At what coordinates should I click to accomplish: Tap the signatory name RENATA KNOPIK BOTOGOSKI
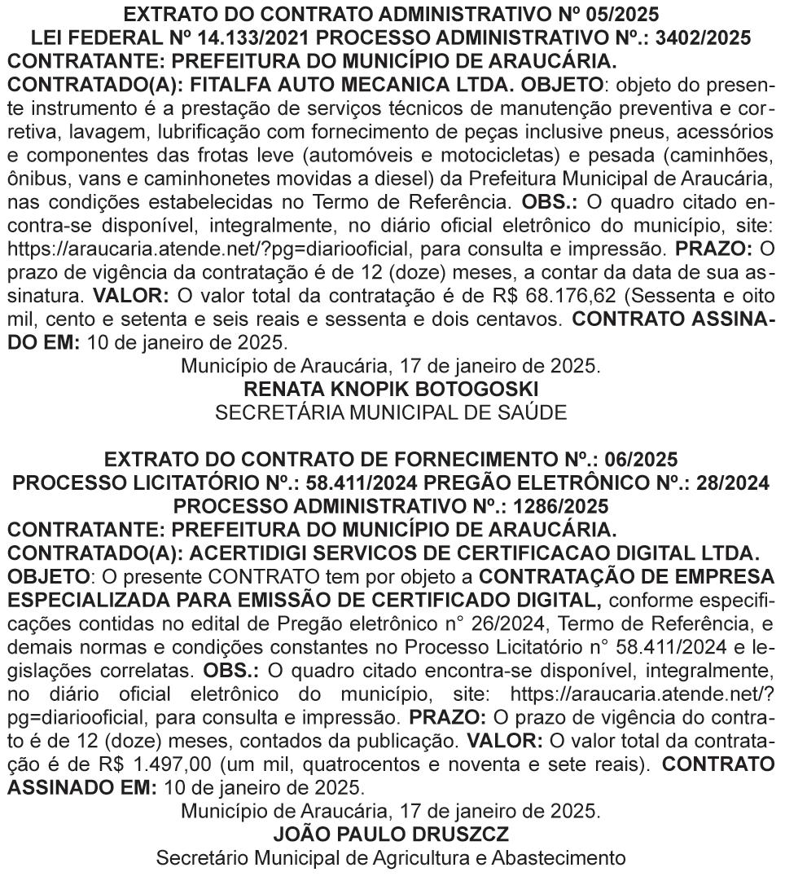391,390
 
